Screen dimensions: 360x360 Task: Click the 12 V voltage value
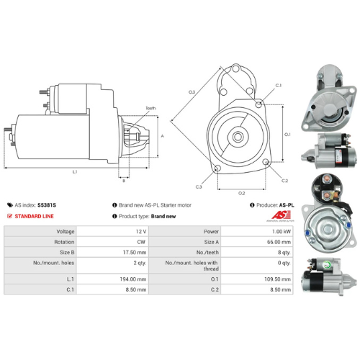[140, 231]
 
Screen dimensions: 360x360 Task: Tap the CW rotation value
[141, 242]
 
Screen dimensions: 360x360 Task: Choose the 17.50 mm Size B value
[137, 253]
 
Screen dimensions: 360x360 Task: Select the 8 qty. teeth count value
[282, 253]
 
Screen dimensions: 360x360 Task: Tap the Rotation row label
[64, 242]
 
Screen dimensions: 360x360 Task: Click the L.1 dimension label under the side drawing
[75, 172]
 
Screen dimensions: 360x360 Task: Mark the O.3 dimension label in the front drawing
[192, 92]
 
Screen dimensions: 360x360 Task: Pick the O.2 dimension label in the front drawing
[241, 193]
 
